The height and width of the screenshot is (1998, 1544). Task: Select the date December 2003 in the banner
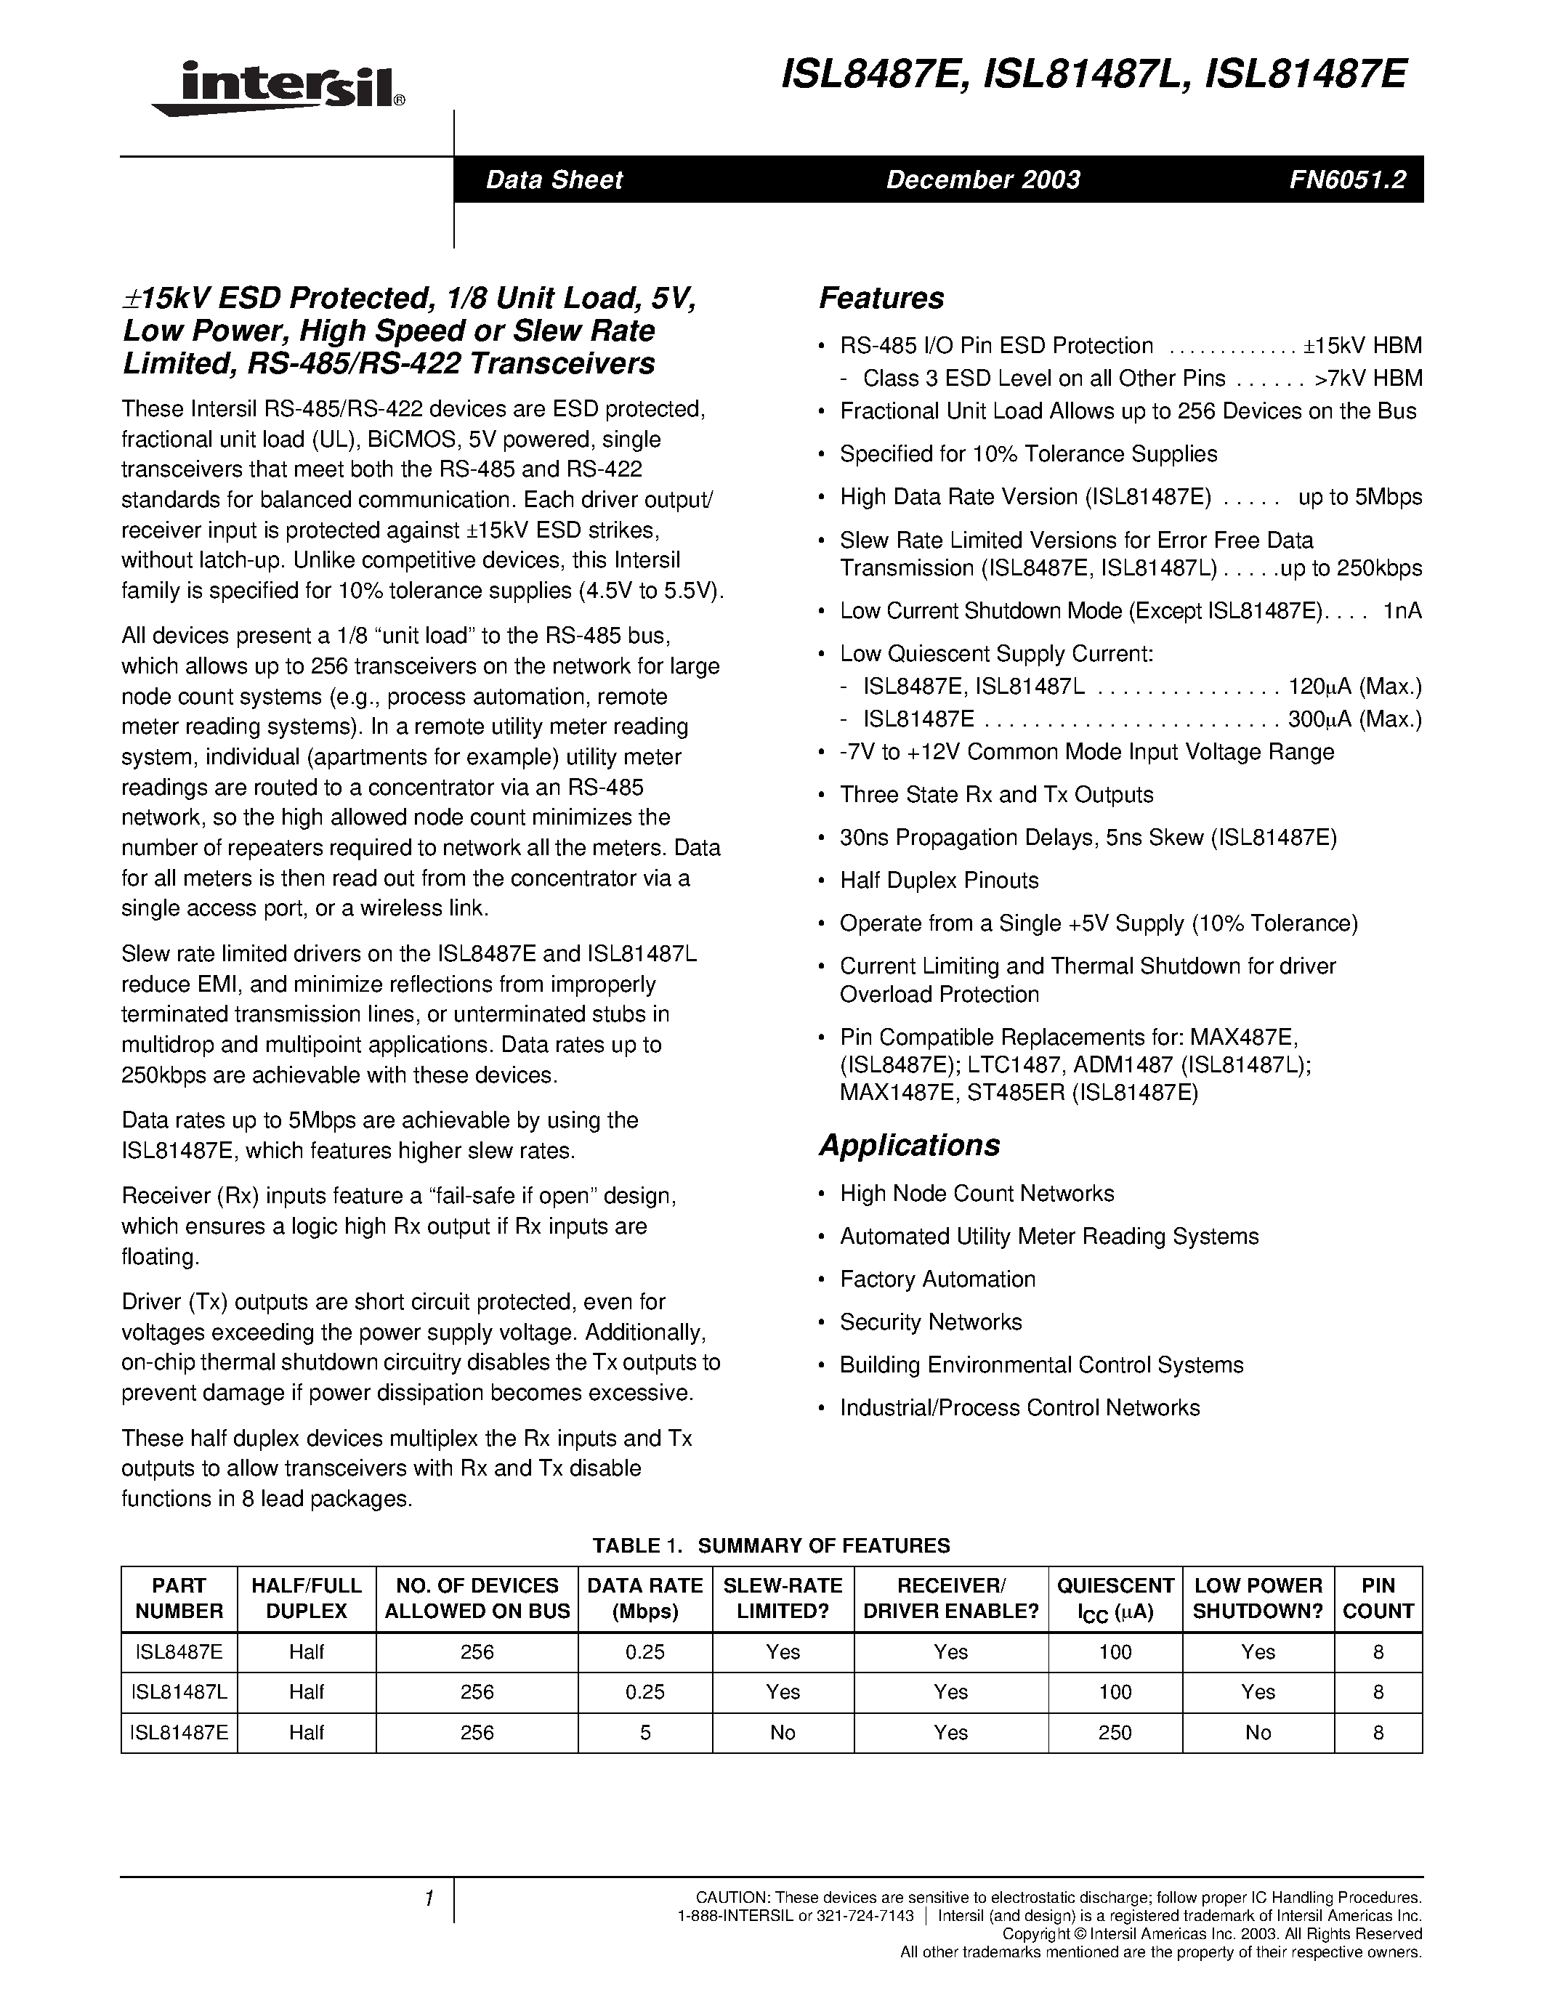[982, 179]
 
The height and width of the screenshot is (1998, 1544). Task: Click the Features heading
[881, 298]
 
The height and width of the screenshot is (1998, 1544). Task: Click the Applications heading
[909, 1145]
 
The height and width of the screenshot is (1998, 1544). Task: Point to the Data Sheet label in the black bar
[554, 179]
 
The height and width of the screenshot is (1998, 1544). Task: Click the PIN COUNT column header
[1378, 1598]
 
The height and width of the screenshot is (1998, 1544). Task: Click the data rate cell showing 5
[645, 1732]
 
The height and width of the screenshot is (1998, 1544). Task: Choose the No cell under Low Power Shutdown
[1258, 1732]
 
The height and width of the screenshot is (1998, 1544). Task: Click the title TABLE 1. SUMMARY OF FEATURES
[771, 1545]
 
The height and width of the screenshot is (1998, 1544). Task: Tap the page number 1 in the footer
[428, 1898]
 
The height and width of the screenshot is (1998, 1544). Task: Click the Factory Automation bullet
[937, 1279]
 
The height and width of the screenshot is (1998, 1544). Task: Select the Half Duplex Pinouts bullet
[939, 880]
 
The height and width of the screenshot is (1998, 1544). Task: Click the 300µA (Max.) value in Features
[1354, 719]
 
